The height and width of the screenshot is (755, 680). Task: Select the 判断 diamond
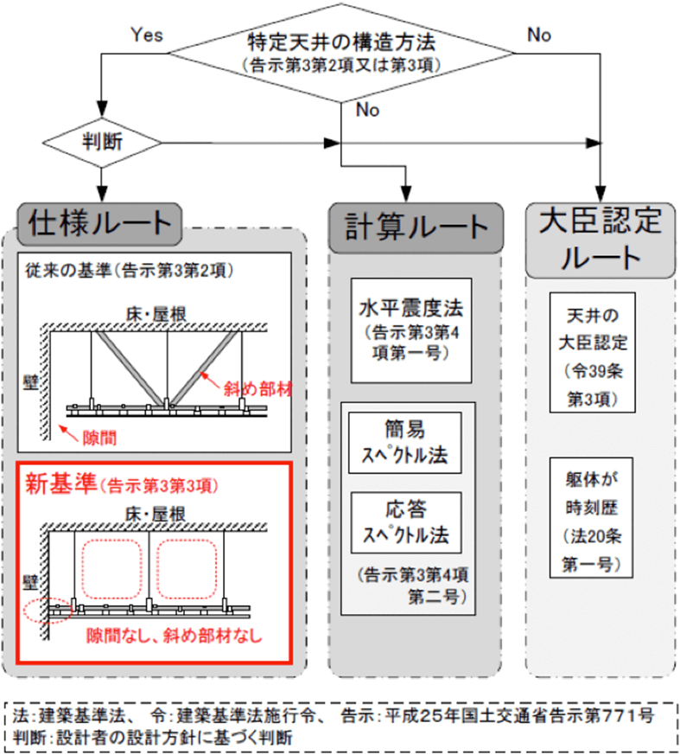(x=103, y=141)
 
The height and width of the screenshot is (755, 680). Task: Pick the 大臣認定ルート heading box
(x=601, y=237)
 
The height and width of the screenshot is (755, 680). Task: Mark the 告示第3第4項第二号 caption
(x=408, y=585)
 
